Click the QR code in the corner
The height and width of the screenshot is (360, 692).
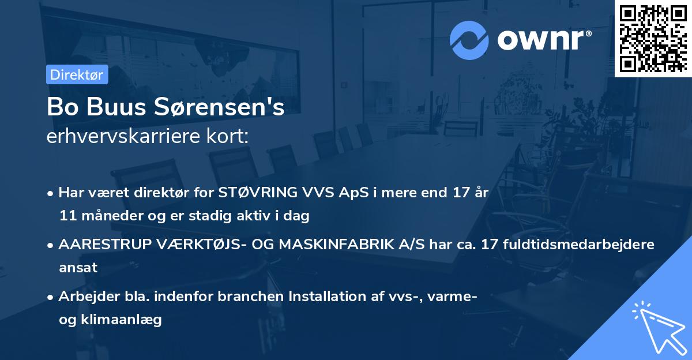(x=653, y=38)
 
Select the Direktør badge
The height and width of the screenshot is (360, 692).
(x=77, y=74)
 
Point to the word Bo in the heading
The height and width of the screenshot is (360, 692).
(x=60, y=107)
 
